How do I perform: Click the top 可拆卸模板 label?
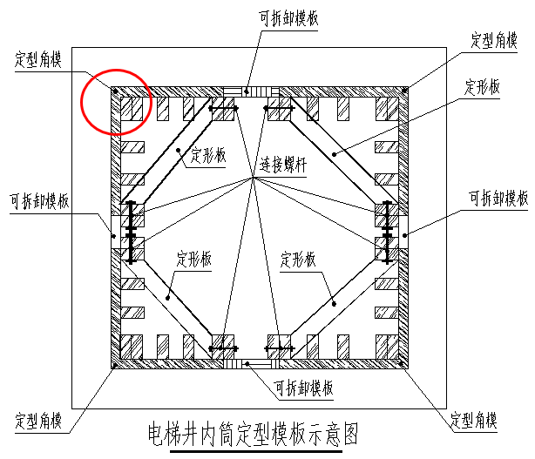(x=288, y=18)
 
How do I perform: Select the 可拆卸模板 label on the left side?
(x=39, y=201)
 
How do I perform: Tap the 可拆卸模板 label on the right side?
(x=498, y=198)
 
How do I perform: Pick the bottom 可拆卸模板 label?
(x=304, y=388)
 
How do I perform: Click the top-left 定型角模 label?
(x=38, y=59)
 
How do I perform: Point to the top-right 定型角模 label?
(x=494, y=40)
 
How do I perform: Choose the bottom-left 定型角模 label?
(x=38, y=421)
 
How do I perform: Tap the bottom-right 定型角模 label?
(x=474, y=420)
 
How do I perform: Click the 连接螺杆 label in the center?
(x=283, y=165)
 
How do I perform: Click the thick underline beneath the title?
(x=256, y=451)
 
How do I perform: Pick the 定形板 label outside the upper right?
(x=482, y=87)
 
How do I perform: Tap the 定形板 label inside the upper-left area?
(x=208, y=156)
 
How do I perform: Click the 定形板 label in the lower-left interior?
(x=193, y=260)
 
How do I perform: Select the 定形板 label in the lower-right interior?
(x=298, y=260)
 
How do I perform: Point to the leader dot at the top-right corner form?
(x=404, y=91)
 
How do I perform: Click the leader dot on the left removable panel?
(x=114, y=236)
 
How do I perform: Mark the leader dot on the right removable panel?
(x=404, y=235)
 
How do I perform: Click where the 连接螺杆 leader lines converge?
(x=253, y=178)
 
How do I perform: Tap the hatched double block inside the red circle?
(x=132, y=109)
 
